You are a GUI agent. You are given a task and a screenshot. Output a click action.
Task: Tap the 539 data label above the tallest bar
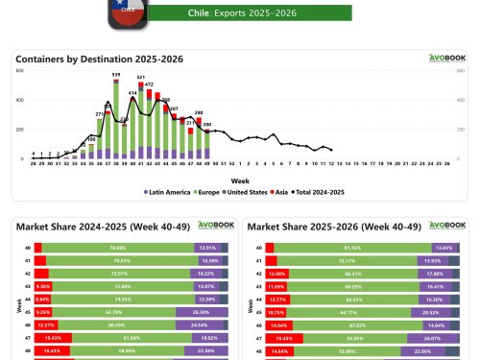[x=116, y=74]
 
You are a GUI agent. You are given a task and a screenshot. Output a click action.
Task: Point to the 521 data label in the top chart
[x=141, y=77]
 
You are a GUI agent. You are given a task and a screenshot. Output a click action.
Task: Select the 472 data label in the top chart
[x=149, y=84]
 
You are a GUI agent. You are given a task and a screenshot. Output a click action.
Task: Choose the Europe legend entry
[x=209, y=192]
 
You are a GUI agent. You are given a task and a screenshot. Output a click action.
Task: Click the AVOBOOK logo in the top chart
[x=444, y=58]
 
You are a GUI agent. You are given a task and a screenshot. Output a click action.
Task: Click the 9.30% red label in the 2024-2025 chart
[x=42, y=286]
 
